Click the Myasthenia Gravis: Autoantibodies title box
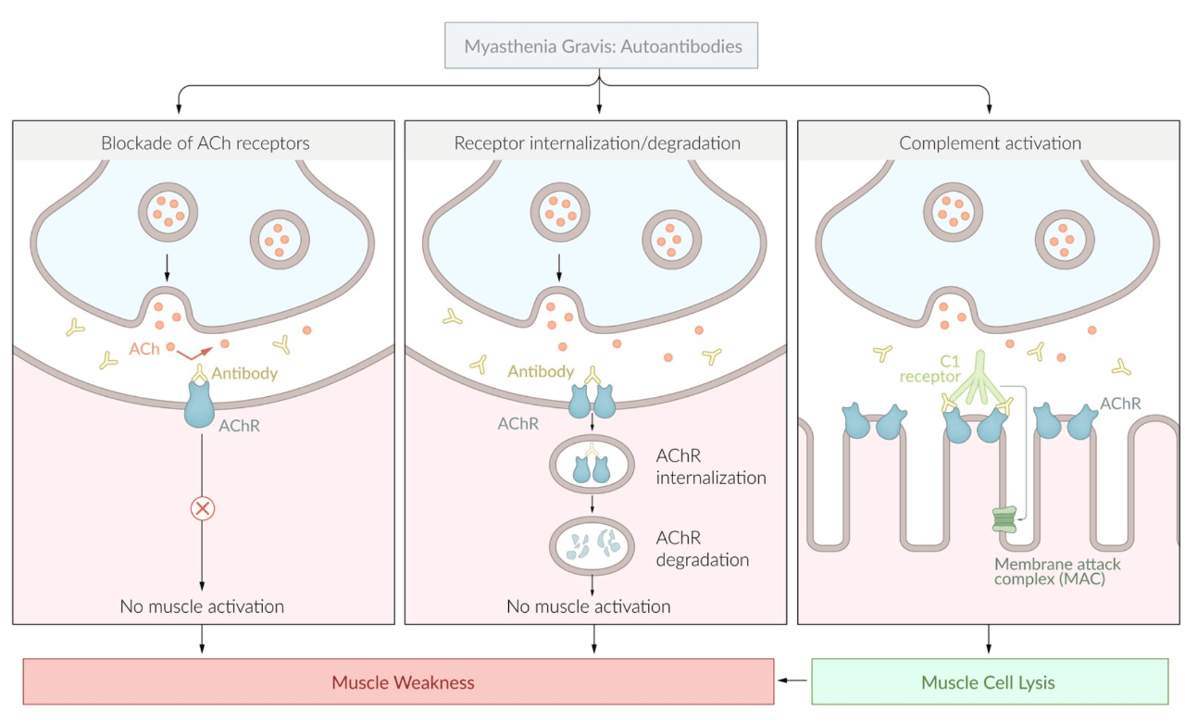(601, 45)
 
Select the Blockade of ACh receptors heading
(205, 143)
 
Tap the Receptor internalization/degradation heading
(597, 143)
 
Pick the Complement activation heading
(990, 143)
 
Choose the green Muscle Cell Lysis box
(989, 683)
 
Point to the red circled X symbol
(202, 508)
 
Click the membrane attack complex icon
(1004, 519)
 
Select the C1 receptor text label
(929, 368)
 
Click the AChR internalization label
(710, 467)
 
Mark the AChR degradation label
(702, 549)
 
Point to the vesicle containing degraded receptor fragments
(593, 546)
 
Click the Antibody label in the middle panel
(541, 371)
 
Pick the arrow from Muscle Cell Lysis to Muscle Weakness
(792, 681)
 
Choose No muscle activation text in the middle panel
(588, 607)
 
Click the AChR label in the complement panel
(1121, 404)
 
